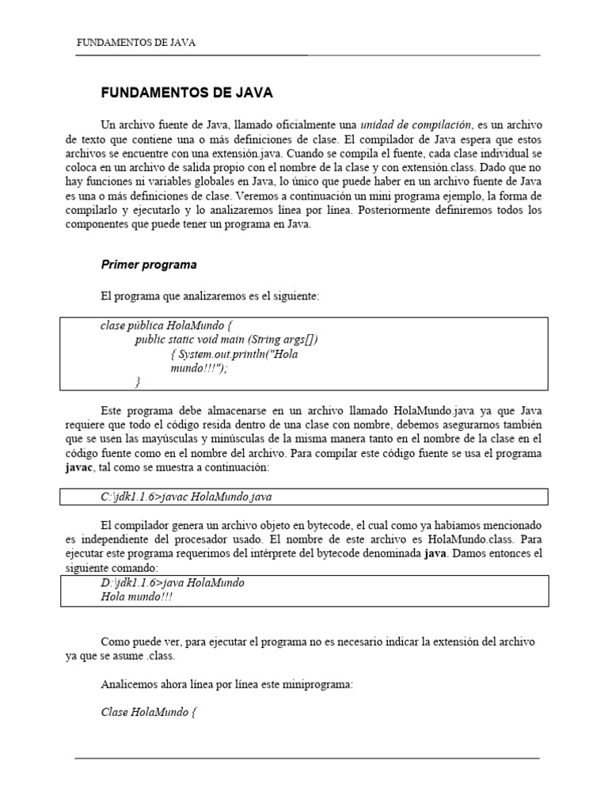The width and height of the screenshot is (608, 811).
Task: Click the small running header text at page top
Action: pyautogui.click(x=135, y=43)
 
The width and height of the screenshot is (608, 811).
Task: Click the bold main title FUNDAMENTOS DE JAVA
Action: pyautogui.click(x=187, y=93)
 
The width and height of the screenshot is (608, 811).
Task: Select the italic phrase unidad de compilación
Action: pyautogui.click(x=416, y=125)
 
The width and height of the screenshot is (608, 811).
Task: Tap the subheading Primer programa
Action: pyautogui.click(x=149, y=265)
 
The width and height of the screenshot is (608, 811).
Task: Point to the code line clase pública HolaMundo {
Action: pyautogui.click(x=167, y=326)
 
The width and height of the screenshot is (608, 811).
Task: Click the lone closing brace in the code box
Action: pyautogui.click(x=138, y=383)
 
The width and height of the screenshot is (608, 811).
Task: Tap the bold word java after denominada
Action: pyautogui.click(x=436, y=554)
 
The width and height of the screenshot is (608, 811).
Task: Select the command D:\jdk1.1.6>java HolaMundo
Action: pyautogui.click(x=173, y=582)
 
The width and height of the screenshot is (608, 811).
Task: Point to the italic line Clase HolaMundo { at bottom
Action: pyautogui.click(x=148, y=712)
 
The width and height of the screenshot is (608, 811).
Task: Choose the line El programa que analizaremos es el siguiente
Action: pyautogui.click(x=210, y=295)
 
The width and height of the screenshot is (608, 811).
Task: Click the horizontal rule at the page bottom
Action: pyautogui.click(x=307, y=758)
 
